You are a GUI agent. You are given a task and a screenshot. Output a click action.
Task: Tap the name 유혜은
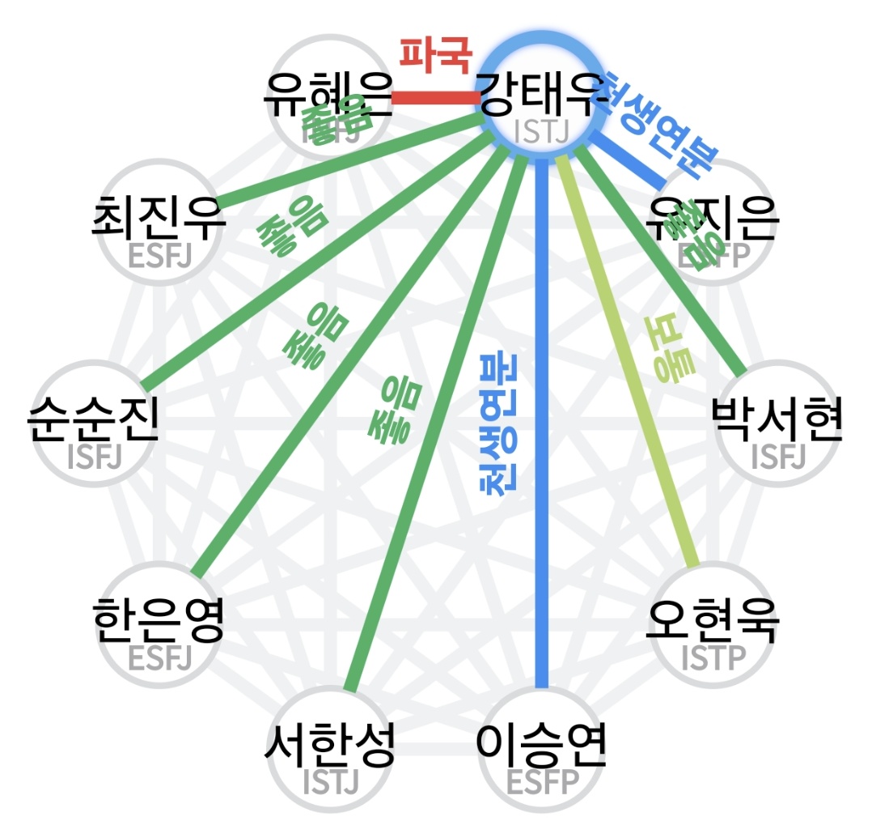tap(327, 96)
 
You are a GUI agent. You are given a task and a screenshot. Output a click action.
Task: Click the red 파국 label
tap(434, 54)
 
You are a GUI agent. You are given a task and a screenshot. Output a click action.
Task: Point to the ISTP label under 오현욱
tap(713, 659)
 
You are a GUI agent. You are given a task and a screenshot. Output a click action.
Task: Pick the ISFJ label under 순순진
tap(93, 458)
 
